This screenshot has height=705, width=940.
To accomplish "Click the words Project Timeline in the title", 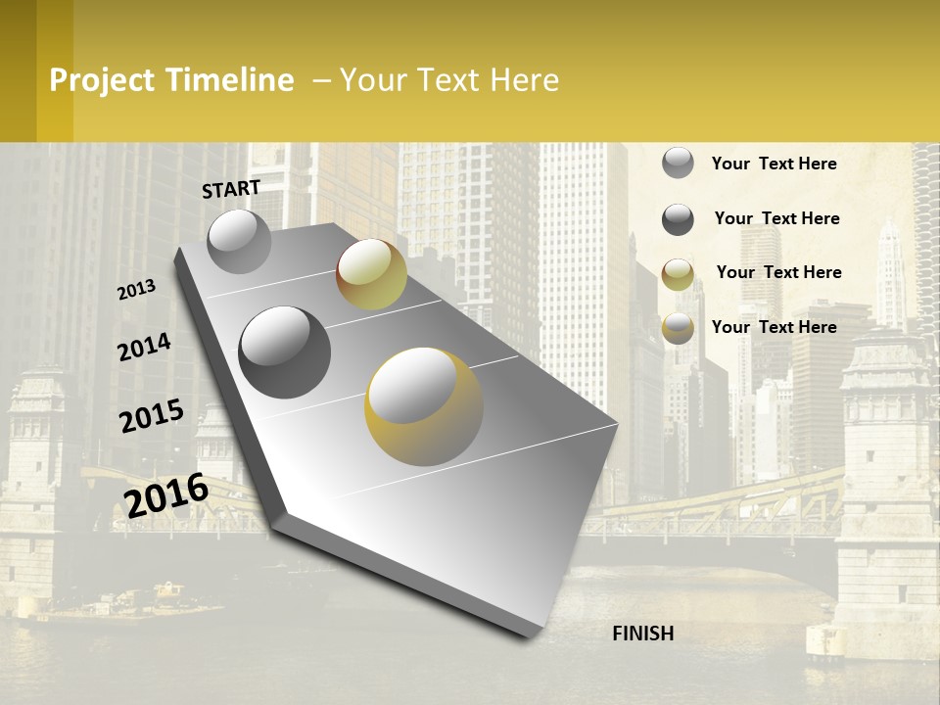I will point(171,80).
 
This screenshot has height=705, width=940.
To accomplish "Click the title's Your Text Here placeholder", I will point(449,80).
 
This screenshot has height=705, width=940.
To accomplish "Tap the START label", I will point(231,189).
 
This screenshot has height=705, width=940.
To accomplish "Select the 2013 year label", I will point(136,290).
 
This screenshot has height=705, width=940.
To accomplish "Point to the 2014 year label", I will point(144,348).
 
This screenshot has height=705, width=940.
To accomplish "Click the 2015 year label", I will point(152,416).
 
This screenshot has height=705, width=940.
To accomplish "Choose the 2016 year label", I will point(166,494).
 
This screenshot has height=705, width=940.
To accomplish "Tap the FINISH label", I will point(643,634).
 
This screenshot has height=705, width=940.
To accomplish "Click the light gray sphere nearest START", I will point(239,241).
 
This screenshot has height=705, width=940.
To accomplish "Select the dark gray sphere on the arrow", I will point(285,352).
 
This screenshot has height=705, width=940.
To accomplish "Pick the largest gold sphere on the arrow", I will point(424,406).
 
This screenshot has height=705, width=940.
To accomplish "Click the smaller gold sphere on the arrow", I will point(371,274).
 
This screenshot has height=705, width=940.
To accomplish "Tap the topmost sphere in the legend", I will point(678,163).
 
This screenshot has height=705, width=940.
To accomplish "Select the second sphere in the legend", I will point(678,219).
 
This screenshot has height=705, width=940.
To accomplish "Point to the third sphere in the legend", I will point(678,274).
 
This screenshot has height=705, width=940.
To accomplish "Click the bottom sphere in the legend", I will point(678,329).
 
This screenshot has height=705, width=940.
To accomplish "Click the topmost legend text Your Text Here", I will point(775,164).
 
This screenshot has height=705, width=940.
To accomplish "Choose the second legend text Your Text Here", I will point(777,218).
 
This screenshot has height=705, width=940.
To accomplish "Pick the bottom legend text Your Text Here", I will point(775,327).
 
